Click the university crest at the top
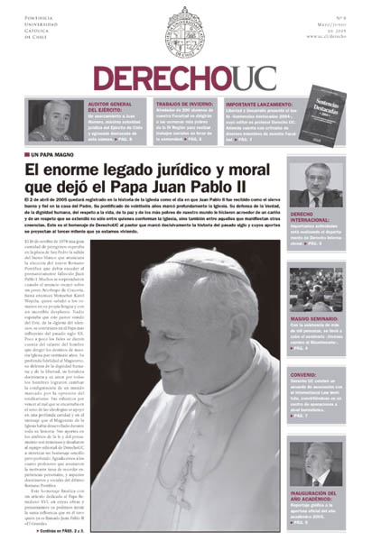point(186,31)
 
